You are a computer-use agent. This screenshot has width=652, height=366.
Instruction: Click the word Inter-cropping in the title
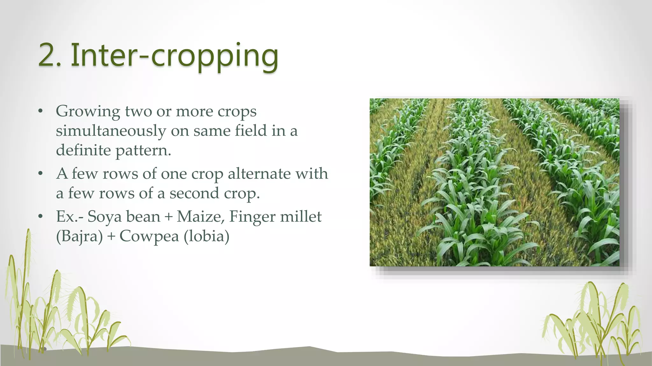[174, 56]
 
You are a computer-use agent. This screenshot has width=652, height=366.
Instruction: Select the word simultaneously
[111, 131]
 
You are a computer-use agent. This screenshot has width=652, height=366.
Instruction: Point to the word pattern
[143, 151]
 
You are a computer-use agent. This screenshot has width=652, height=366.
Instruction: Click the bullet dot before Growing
[40, 112]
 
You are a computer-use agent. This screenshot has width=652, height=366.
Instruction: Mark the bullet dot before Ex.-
[40, 217]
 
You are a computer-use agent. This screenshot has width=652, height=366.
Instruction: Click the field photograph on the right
[494, 182]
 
